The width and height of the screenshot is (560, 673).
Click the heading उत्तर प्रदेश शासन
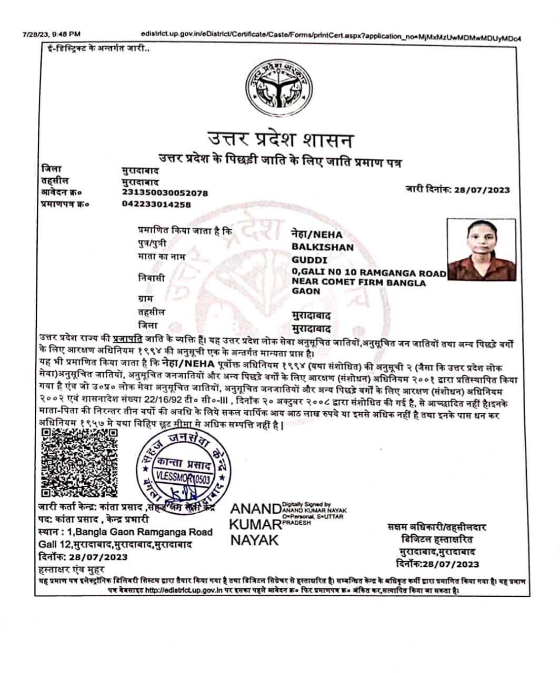coord(279,140)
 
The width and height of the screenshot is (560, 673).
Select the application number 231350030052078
coord(165,193)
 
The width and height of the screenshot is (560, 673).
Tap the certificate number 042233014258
coord(156,205)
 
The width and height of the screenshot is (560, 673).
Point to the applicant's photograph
coord(481,250)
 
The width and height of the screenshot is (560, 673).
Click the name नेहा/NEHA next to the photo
coord(317,234)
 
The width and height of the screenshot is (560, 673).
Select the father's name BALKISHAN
coord(323,247)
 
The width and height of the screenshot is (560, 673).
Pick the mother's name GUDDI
coord(309,260)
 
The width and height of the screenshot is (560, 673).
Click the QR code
coord(79,463)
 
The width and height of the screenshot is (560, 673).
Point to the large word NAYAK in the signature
coord(254,540)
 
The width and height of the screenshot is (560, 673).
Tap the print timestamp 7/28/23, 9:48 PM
coord(52,35)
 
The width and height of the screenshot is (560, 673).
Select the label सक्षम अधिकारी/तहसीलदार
coord(436,527)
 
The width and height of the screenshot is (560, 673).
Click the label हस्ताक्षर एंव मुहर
coord(72,569)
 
